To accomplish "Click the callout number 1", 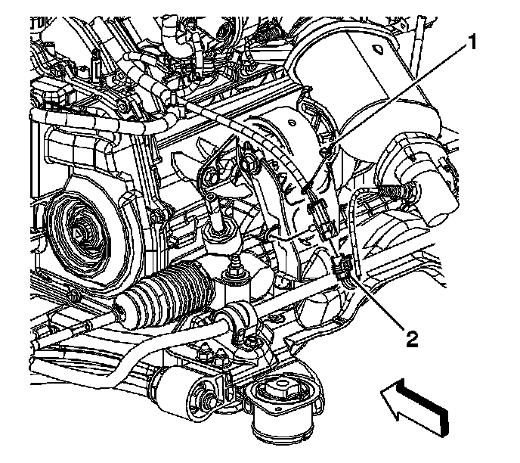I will click(472, 43).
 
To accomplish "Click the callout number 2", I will click(411, 337).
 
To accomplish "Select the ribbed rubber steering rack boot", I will click(172, 291).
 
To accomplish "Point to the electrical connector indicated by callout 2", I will click(341, 266).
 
